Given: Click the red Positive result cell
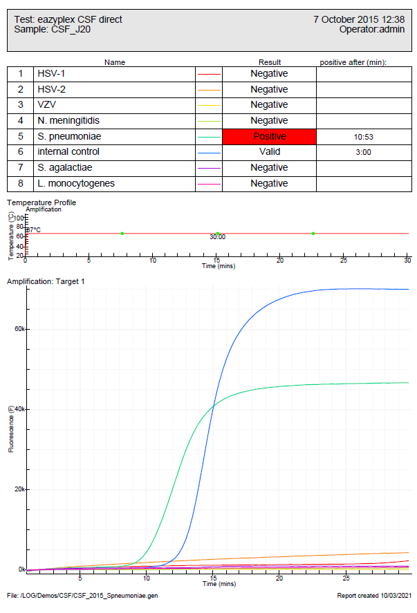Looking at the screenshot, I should (269, 137).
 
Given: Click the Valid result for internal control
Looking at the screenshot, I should (269, 152).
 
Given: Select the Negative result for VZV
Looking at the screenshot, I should (269, 104).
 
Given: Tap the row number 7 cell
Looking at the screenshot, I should (21, 167).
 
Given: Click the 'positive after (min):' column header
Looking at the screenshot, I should (353, 62).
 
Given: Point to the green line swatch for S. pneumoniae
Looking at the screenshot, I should (209, 137).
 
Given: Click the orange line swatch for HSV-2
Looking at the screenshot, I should (209, 90).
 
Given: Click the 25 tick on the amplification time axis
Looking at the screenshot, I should (346, 577).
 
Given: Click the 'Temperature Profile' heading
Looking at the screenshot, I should (41, 202).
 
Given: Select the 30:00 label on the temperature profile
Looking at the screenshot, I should (218, 237).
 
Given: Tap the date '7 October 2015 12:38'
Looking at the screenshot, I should (359, 19).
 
